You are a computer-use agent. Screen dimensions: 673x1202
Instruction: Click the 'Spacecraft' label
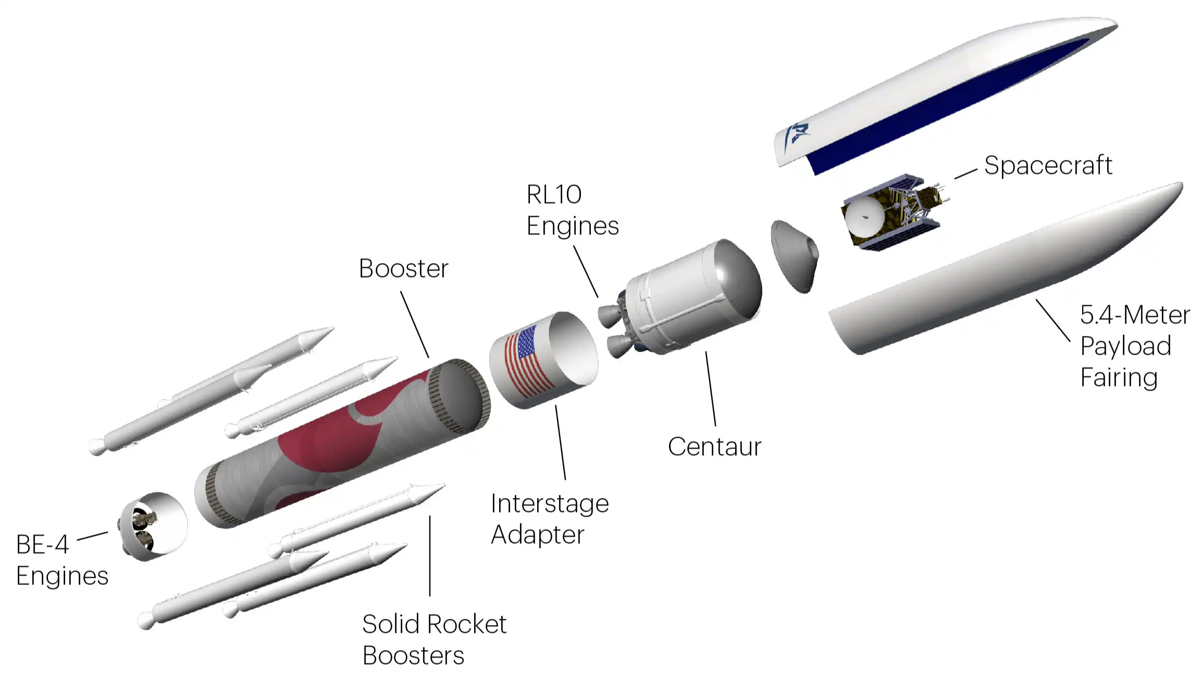[x=1048, y=166]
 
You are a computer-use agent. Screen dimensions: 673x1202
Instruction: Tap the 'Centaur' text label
[x=714, y=447]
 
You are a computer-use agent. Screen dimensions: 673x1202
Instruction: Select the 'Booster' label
[x=403, y=269]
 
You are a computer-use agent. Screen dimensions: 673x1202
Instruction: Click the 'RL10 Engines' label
[x=572, y=210]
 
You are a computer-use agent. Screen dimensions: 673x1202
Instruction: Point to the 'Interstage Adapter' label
[x=549, y=519]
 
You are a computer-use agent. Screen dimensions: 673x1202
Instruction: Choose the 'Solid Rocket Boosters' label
[x=434, y=639]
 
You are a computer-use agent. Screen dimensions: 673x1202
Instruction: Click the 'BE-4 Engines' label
[x=62, y=560]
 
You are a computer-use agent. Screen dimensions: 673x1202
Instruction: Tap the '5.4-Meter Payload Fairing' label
[x=1135, y=346]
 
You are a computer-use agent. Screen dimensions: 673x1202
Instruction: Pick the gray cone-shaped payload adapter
[x=794, y=255]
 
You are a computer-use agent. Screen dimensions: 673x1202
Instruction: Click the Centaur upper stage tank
[x=693, y=294]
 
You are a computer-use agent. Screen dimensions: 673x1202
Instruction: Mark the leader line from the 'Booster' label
[x=415, y=325]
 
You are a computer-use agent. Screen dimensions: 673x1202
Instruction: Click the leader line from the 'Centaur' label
[x=711, y=389]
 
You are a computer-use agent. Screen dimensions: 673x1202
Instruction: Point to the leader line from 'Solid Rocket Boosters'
[x=430, y=555]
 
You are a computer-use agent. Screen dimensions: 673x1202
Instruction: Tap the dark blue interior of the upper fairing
[x=938, y=104]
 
